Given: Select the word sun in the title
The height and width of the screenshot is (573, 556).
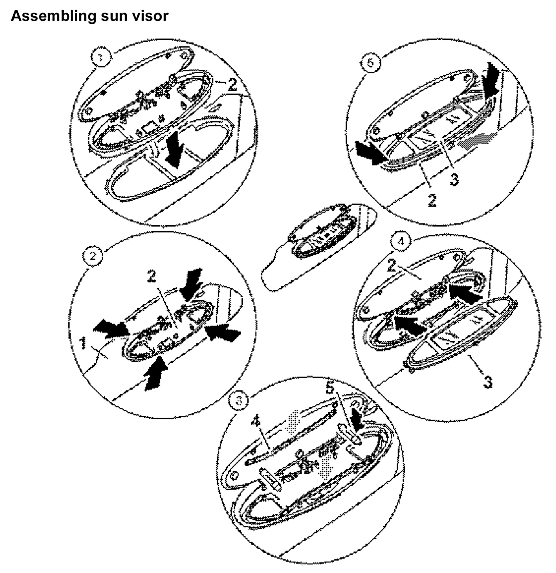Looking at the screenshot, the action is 113,16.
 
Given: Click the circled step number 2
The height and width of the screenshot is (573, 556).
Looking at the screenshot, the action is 93,256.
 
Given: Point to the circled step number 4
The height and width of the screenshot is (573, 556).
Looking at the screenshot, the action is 401,241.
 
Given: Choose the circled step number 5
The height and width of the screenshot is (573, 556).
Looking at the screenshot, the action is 371,63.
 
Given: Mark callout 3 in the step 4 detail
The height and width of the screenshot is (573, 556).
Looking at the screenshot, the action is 487,381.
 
